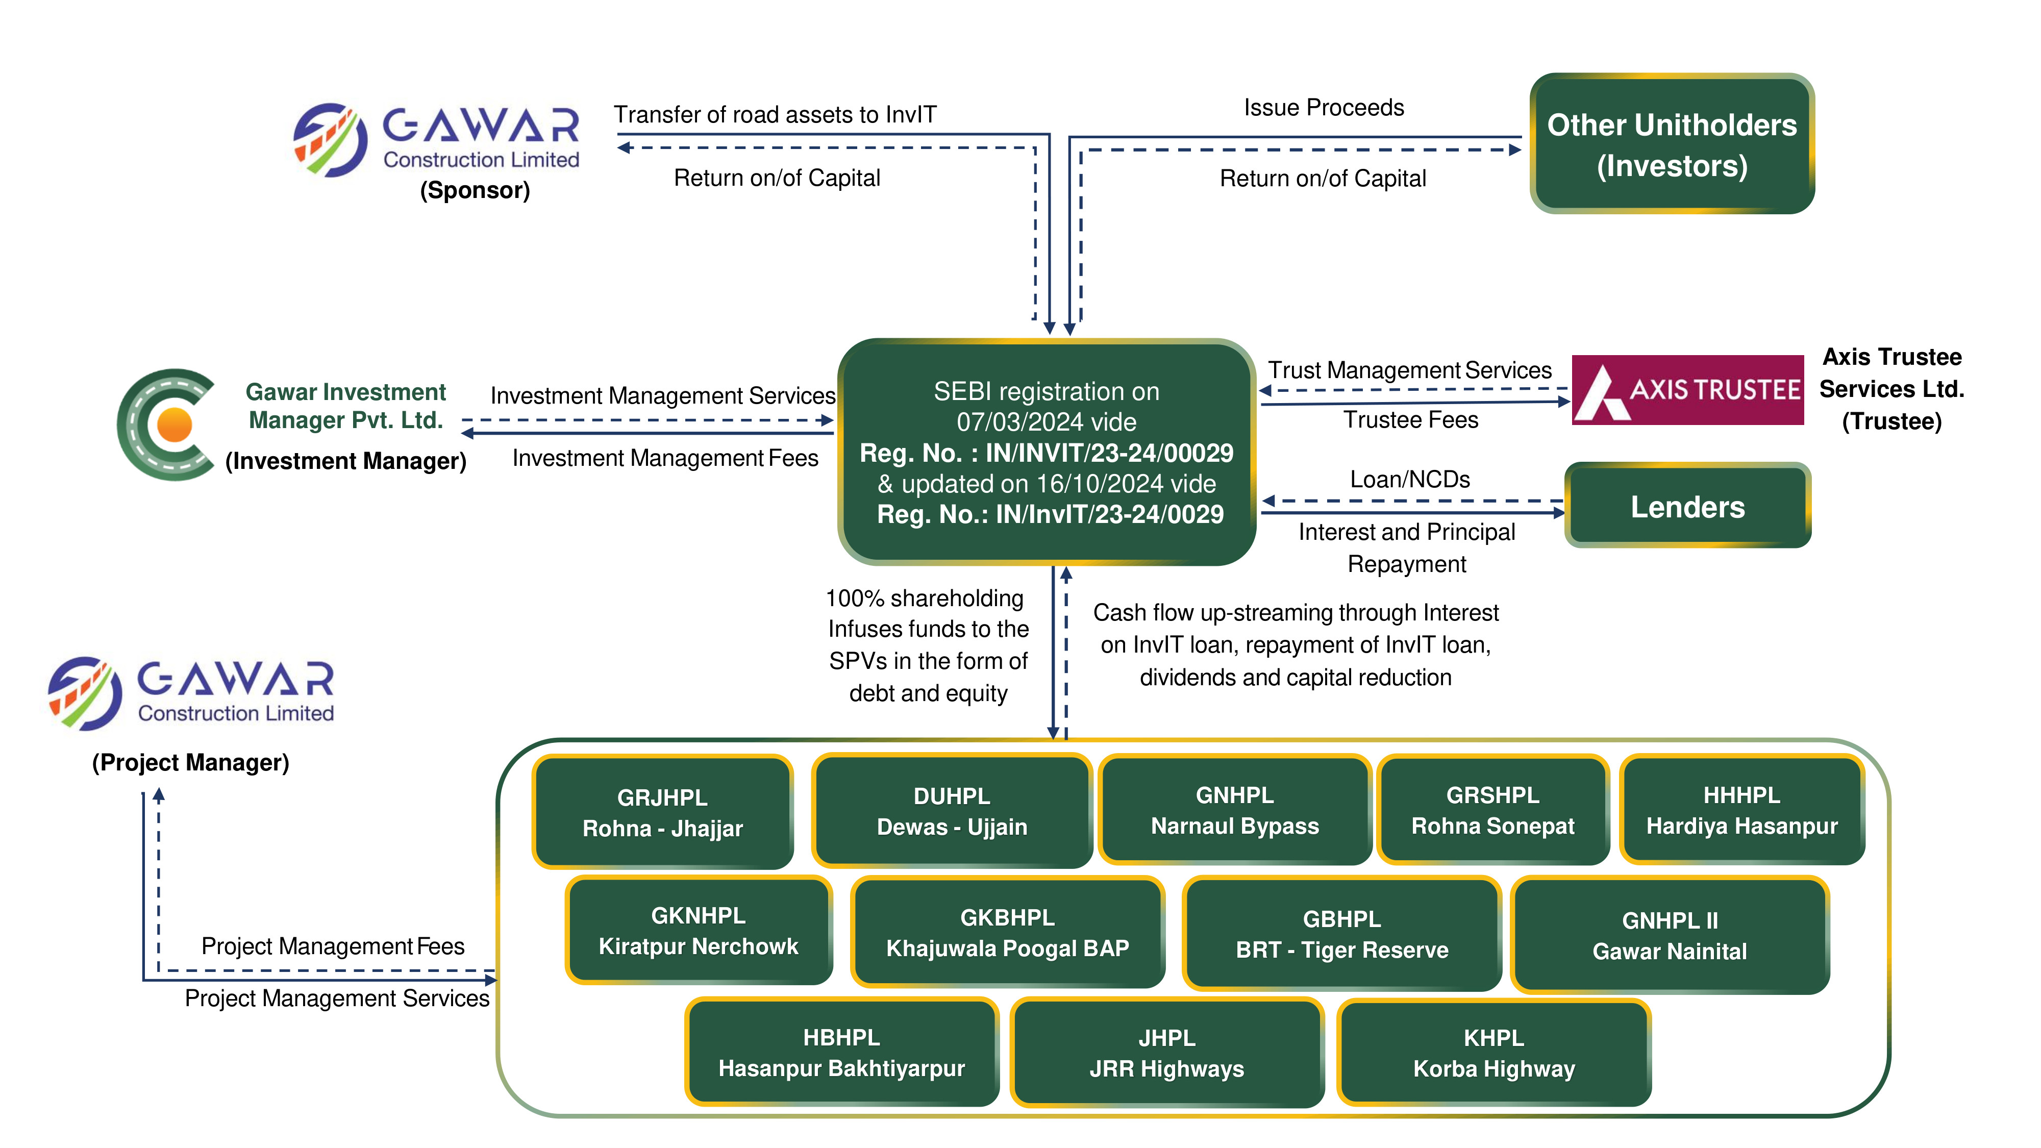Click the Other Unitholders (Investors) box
coord(1671,144)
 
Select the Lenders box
coord(1687,506)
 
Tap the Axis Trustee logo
coord(1687,390)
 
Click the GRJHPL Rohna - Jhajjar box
coord(662,813)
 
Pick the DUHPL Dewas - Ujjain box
coord(952,811)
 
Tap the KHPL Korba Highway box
coord(1494,1053)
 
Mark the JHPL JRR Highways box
coord(1166,1053)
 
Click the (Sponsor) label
coord(475,190)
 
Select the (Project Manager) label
coord(191,762)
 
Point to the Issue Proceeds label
coord(1323,108)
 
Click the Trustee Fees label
coord(1410,420)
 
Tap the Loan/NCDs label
coord(1409,479)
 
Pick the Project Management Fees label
coord(333,946)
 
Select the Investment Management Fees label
coord(665,458)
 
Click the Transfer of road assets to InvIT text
coord(775,115)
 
